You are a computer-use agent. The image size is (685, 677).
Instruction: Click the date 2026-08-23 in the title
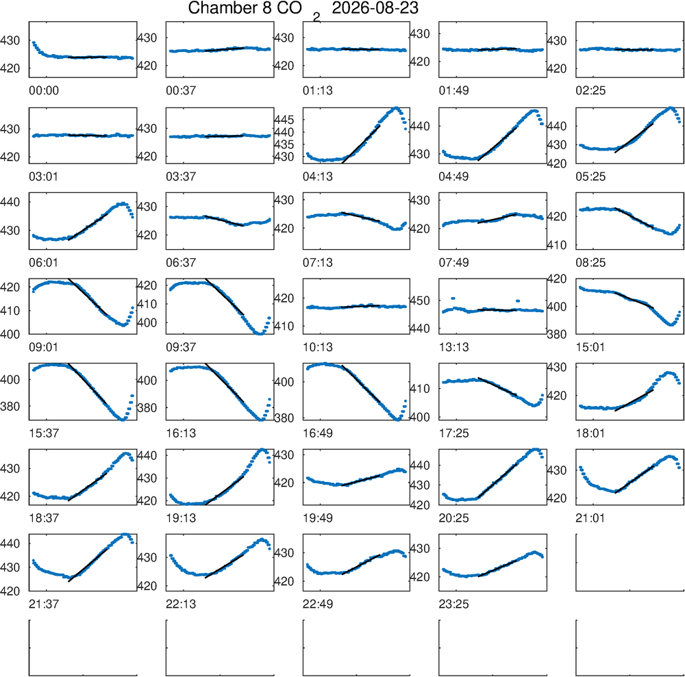coord(375,8)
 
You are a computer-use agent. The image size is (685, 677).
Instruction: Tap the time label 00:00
coord(44,90)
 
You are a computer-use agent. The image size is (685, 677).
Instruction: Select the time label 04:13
coord(318,177)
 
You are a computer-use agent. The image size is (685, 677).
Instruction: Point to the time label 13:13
coord(454,347)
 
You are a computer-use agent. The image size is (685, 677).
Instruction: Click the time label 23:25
coord(454,604)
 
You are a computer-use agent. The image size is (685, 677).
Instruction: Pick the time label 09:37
coord(181,347)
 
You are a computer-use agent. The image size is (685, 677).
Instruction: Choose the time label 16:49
coord(318,433)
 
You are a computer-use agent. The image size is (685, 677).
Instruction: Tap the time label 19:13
coord(181,518)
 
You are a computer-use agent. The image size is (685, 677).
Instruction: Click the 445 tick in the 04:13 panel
coord(284,120)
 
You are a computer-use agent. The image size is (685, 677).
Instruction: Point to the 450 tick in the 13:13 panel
coord(420,301)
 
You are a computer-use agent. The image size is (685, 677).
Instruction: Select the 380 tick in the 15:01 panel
coord(556,334)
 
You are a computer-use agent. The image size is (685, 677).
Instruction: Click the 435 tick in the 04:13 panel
coord(284,144)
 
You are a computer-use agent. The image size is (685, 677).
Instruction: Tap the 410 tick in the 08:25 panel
coord(556,245)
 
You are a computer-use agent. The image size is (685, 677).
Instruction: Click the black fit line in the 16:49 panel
coord(361,383)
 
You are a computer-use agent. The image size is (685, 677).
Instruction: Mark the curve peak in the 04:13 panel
coord(396,108)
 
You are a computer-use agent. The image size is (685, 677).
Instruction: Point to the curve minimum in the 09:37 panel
coord(260,333)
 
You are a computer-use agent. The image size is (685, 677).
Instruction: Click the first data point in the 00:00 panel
coord(34,42)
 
